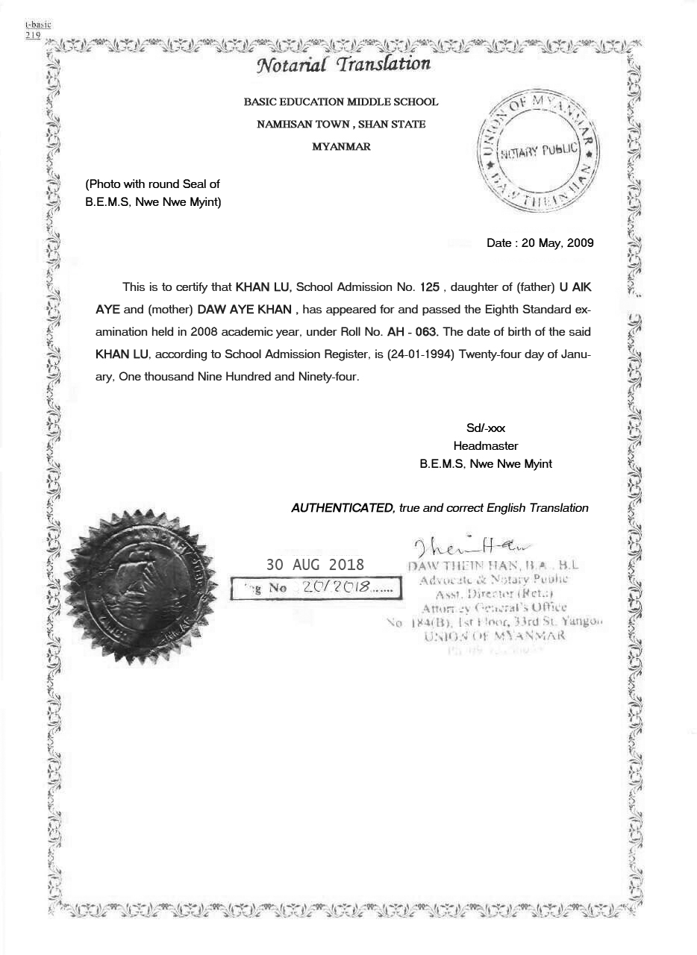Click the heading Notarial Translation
344,64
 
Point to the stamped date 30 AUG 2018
316,565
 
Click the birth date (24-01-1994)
422,354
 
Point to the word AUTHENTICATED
343,508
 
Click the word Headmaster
486,446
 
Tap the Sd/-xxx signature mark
486,428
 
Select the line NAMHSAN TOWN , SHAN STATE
341,125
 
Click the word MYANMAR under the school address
341,147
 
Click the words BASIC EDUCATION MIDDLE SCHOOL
341,102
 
